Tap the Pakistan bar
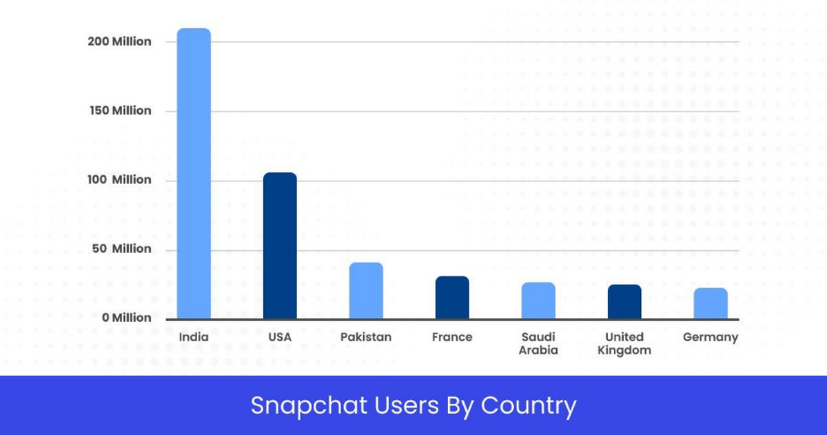click(366, 291)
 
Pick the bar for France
click(452, 298)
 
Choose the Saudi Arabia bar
click(538, 301)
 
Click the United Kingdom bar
click(624, 302)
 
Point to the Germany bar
click(711, 303)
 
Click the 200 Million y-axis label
click(119, 41)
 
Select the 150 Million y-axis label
click(119, 110)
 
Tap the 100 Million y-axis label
click(119, 179)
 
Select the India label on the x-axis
click(194, 337)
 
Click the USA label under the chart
click(280, 337)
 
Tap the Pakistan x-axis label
click(366, 337)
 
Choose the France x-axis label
click(452, 337)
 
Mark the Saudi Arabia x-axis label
click(538, 343)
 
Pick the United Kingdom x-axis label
click(624, 343)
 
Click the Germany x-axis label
click(711, 337)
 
